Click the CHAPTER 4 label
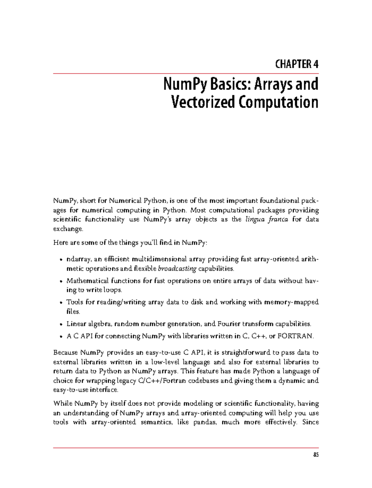(297, 64)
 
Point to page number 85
(316, 455)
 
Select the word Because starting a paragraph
(66, 353)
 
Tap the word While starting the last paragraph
(63, 403)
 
